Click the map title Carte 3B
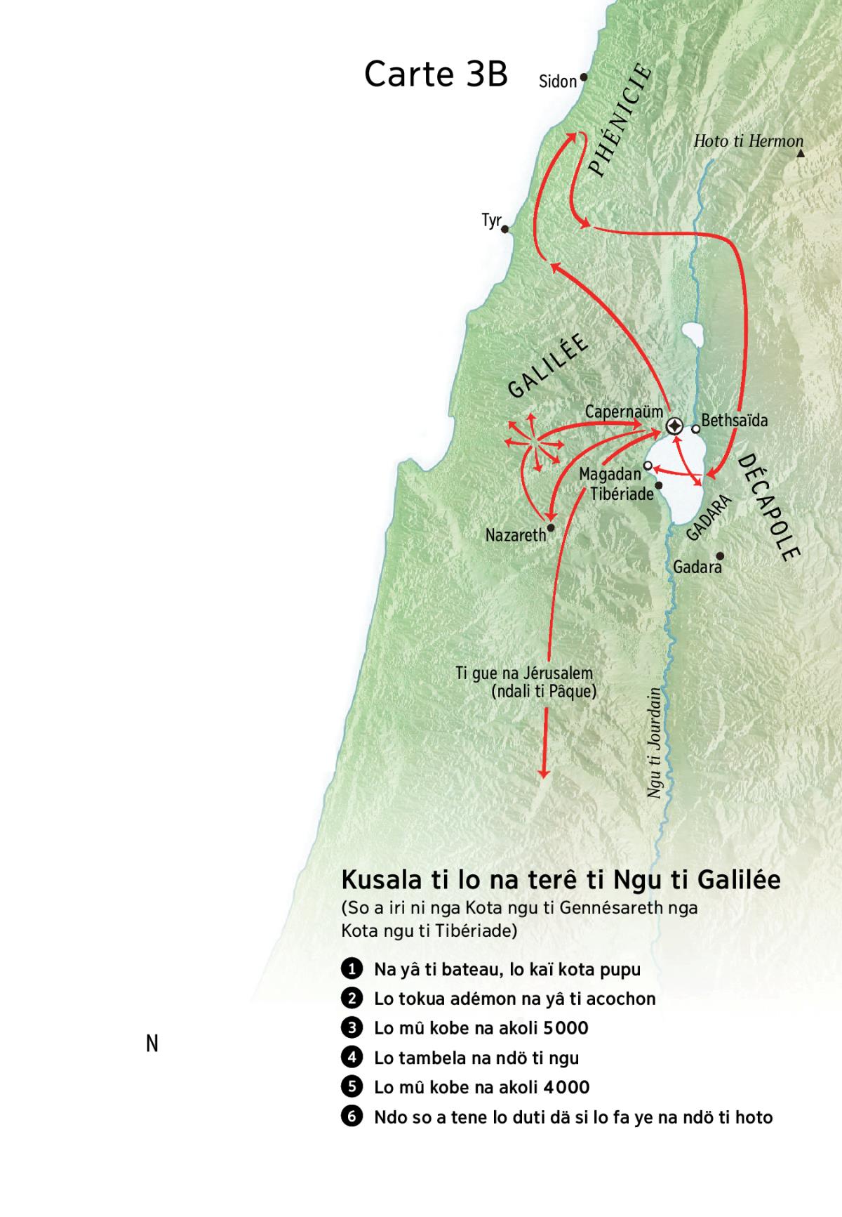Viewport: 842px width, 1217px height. click(436, 74)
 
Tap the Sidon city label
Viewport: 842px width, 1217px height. click(557, 81)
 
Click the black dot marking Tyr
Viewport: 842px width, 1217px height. click(505, 229)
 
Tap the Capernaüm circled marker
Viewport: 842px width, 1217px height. click(674, 426)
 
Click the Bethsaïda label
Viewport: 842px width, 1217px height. click(734, 421)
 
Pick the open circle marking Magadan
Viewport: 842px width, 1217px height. click(648, 466)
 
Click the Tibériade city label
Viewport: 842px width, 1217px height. click(622, 494)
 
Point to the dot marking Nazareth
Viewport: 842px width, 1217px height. click(551, 527)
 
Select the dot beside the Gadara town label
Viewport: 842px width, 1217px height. click(719, 555)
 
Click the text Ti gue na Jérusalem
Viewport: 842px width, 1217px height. click(524, 673)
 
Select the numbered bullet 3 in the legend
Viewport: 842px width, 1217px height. click(351, 1028)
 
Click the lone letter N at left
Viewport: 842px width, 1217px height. click(152, 1044)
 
